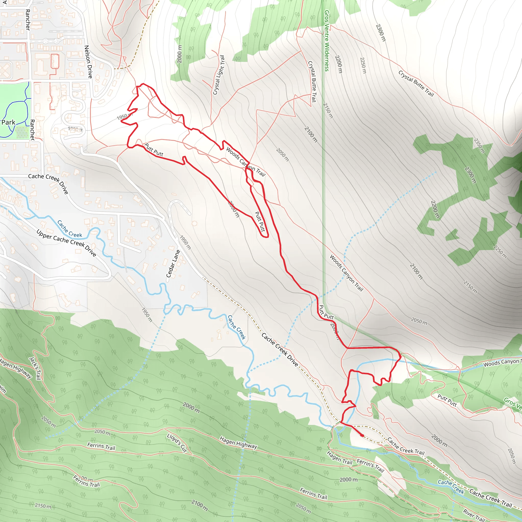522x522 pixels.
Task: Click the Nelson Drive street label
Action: [88, 62]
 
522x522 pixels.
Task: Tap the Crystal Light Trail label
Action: [219, 75]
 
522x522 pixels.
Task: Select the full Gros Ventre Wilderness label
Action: [327, 41]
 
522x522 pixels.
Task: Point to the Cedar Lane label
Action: [173, 264]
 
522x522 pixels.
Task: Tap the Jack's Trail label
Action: [35, 368]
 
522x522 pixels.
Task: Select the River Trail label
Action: [474, 515]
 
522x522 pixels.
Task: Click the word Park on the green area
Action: [8, 122]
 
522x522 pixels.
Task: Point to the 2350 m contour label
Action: [480, 146]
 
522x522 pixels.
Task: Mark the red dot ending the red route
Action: [362, 435]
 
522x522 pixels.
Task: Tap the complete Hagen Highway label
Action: [238, 442]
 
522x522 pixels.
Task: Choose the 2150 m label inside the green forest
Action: [43, 506]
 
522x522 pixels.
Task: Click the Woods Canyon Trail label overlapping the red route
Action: [246, 162]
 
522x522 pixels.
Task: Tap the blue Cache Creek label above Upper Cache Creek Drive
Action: [69, 229]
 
